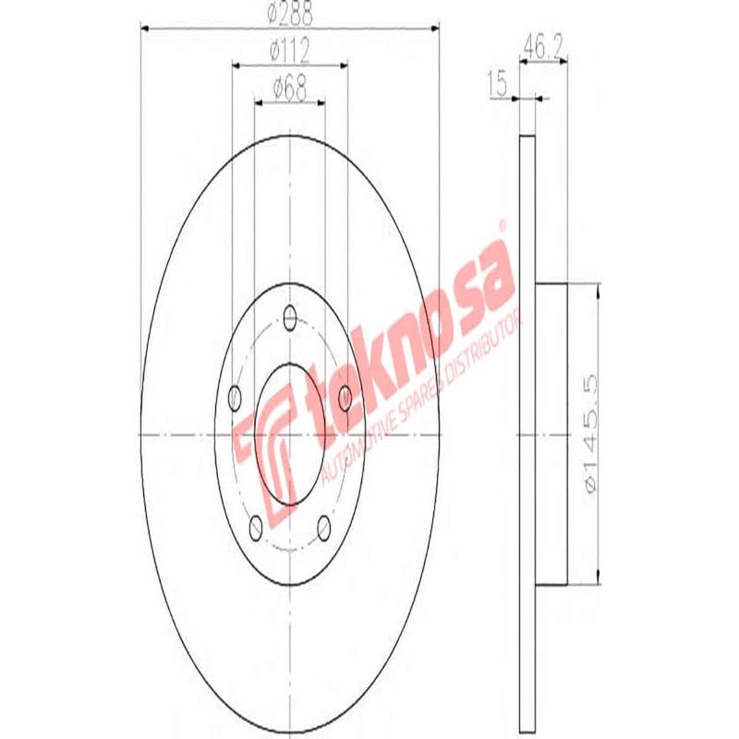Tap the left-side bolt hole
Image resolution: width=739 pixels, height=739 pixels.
click(x=234, y=398)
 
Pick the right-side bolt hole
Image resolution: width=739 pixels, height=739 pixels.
click(x=345, y=398)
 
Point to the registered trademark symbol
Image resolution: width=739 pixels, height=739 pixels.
click(x=502, y=225)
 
